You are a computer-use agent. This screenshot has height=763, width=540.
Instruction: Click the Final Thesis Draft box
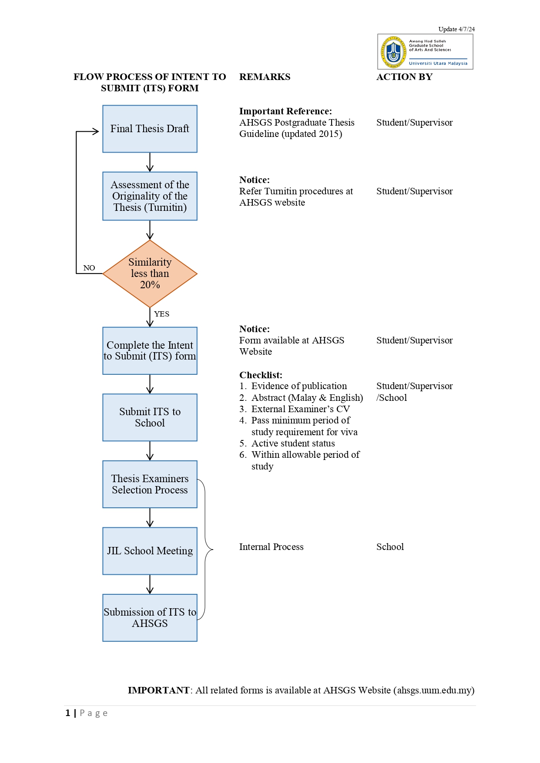pos(150,129)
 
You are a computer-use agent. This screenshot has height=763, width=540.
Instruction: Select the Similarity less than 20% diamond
pos(150,273)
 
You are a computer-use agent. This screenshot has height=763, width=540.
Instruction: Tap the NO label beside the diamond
pos(89,268)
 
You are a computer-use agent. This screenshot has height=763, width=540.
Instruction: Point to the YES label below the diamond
pos(161,314)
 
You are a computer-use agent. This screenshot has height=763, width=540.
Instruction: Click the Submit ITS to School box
pos(150,417)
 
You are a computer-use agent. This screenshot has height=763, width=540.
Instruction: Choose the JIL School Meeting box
pos(150,551)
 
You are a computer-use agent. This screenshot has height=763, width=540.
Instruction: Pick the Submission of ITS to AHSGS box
pos(150,618)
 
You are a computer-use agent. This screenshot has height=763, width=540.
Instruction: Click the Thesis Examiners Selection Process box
pos(150,484)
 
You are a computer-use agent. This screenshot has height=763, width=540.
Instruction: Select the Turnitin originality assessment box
pos(150,196)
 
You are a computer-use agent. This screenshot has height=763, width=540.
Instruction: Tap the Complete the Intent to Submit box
pos(150,351)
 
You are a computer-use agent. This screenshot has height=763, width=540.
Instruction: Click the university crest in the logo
pos(393,52)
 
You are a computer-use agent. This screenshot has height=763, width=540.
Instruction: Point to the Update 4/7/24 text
pos(456,29)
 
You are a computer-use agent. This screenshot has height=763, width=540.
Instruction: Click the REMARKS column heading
pos(265,77)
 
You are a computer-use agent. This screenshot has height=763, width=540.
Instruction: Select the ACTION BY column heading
pos(404,77)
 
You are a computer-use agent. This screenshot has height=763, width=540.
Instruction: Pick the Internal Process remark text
pos(272,547)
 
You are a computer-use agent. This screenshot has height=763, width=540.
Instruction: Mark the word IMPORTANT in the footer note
pos(158,690)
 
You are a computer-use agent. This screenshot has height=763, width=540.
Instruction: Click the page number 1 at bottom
pos(68,713)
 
